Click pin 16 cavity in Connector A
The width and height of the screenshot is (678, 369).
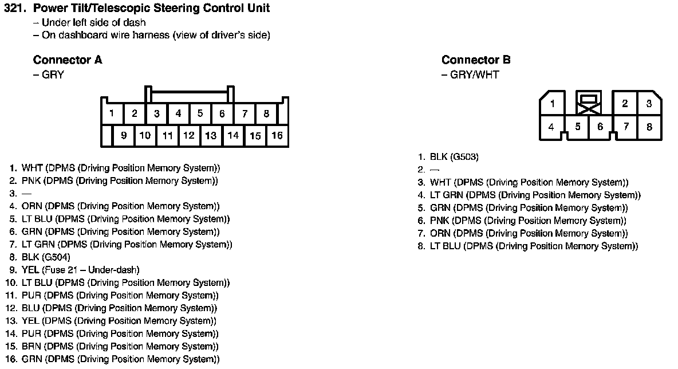pos(277,136)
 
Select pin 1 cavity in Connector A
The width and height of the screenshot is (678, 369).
pos(112,114)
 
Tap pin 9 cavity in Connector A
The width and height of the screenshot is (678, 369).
pos(124,136)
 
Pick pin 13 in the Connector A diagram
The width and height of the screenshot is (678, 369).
pos(211,136)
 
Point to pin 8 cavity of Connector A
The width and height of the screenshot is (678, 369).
pos(266,114)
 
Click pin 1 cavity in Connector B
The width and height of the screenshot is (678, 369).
pos(553,104)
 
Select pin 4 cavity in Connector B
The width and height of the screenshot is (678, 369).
pos(551,127)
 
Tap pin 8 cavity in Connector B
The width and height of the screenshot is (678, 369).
pos(649,127)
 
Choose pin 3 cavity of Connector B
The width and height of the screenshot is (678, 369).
pos(649,104)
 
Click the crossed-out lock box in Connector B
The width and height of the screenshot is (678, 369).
pos(589,103)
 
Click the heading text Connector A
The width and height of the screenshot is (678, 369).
pos(68,60)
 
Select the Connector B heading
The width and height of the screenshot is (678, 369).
pos(476,60)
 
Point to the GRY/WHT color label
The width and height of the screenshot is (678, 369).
pos(474,75)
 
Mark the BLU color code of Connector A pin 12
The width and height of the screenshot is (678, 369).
pos(31,308)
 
